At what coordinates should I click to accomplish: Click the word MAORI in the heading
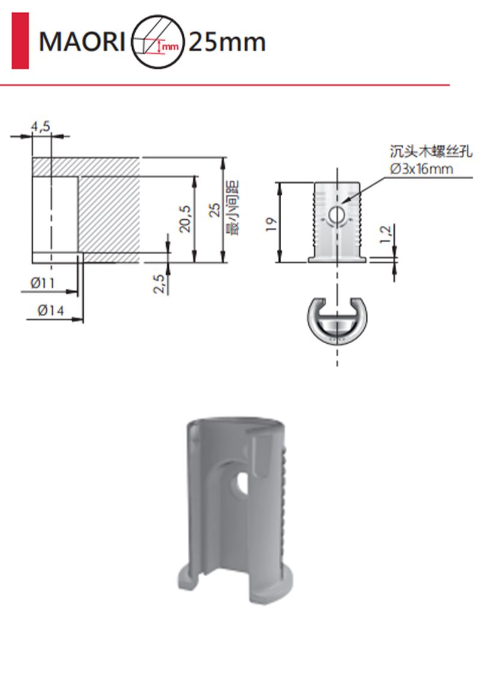[x=81, y=42]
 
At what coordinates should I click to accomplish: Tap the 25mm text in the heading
[x=227, y=42]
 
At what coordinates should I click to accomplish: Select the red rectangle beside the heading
[x=20, y=40]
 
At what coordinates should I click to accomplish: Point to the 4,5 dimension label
[x=40, y=126]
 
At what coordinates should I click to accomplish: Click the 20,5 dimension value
[x=185, y=219]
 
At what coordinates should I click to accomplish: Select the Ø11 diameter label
[x=42, y=283]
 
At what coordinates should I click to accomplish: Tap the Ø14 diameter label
[x=50, y=310]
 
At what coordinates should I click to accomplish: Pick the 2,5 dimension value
[x=159, y=284]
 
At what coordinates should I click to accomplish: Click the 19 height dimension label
[x=271, y=224]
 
